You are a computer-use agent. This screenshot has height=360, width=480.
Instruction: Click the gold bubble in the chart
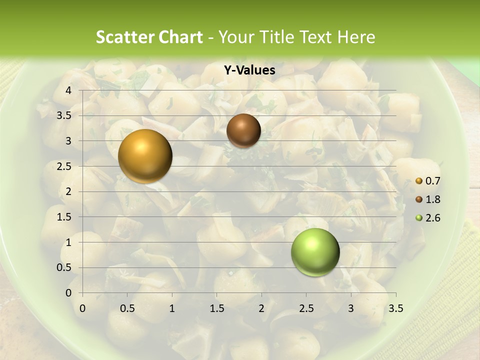145,156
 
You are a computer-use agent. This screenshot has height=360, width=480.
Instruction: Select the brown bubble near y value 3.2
243,130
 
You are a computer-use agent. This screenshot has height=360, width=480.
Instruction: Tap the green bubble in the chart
315,252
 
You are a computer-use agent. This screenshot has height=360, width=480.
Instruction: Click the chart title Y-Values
249,70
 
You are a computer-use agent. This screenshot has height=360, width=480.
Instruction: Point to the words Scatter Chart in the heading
149,37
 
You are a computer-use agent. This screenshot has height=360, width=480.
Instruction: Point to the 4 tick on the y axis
68,90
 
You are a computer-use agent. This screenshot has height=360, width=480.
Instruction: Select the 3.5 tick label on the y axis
64,115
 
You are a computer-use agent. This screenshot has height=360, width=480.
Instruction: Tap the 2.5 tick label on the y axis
64,166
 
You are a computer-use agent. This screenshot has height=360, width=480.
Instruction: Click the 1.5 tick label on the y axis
64,217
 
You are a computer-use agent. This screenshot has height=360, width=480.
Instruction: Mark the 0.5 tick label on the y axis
64,267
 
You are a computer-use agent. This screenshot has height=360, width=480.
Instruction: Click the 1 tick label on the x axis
172,308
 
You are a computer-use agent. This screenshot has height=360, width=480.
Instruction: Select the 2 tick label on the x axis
261,308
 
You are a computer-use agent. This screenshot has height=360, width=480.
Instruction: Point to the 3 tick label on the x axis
351,308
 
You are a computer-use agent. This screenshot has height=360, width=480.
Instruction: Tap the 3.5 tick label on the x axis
395,308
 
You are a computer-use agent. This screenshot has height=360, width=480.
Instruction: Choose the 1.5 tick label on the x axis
216,308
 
